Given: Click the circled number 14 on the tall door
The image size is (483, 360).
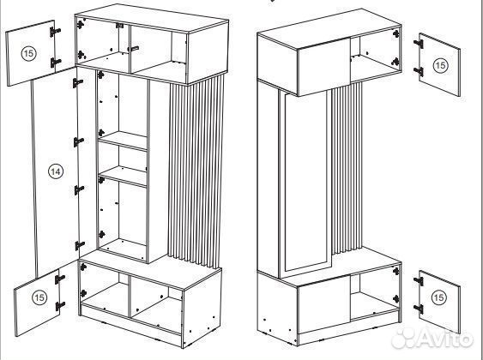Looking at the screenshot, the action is tap(56, 171).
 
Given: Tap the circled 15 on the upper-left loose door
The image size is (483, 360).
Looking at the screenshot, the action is tap(28, 53).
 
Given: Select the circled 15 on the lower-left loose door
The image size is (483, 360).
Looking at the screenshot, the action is tap(39, 297).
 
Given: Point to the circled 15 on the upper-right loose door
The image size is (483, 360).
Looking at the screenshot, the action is tap(440, 65).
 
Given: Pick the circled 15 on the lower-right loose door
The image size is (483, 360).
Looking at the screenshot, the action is tap(438, 297).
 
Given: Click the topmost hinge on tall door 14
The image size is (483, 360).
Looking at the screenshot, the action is tap(77, 83).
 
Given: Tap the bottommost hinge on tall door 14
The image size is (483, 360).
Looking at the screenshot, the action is tap(80, 245).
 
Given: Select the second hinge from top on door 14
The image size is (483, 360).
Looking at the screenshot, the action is tap(79, 141).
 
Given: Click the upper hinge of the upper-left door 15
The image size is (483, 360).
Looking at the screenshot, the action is tap(55, 32).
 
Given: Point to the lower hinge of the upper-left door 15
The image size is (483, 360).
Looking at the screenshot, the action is tap(56, 63).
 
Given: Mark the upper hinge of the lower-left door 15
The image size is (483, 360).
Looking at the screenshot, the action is tap(60, 279).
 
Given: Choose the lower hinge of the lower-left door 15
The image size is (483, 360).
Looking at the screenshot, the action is tap(60, 306).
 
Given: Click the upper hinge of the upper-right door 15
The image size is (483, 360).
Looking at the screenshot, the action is tap(419, 44).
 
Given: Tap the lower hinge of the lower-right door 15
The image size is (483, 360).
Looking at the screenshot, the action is tap(419, 309).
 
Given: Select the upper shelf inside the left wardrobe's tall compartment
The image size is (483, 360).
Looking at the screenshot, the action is tap(123, 141).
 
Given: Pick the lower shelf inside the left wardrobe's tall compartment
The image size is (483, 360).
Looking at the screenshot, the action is tap(123, 177).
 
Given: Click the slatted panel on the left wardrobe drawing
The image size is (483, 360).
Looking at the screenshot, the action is tap(196, 171).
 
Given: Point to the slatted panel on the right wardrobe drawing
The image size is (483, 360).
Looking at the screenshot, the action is tap(347, 168).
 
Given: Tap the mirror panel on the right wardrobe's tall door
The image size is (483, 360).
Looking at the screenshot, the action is tap(305, 182).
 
